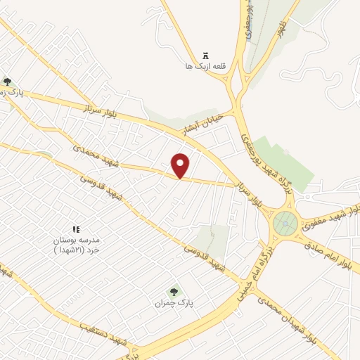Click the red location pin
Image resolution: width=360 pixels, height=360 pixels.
181,165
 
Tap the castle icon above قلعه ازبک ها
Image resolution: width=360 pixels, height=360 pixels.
205,56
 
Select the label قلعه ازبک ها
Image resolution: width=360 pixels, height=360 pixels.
198,65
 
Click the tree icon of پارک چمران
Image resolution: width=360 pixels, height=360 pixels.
174,291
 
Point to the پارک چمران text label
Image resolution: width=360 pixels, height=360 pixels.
174,303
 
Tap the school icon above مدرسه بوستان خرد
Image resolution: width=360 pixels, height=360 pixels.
77,229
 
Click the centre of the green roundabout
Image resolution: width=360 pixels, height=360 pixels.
285,224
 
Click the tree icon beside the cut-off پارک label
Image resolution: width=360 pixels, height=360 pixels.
7,82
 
